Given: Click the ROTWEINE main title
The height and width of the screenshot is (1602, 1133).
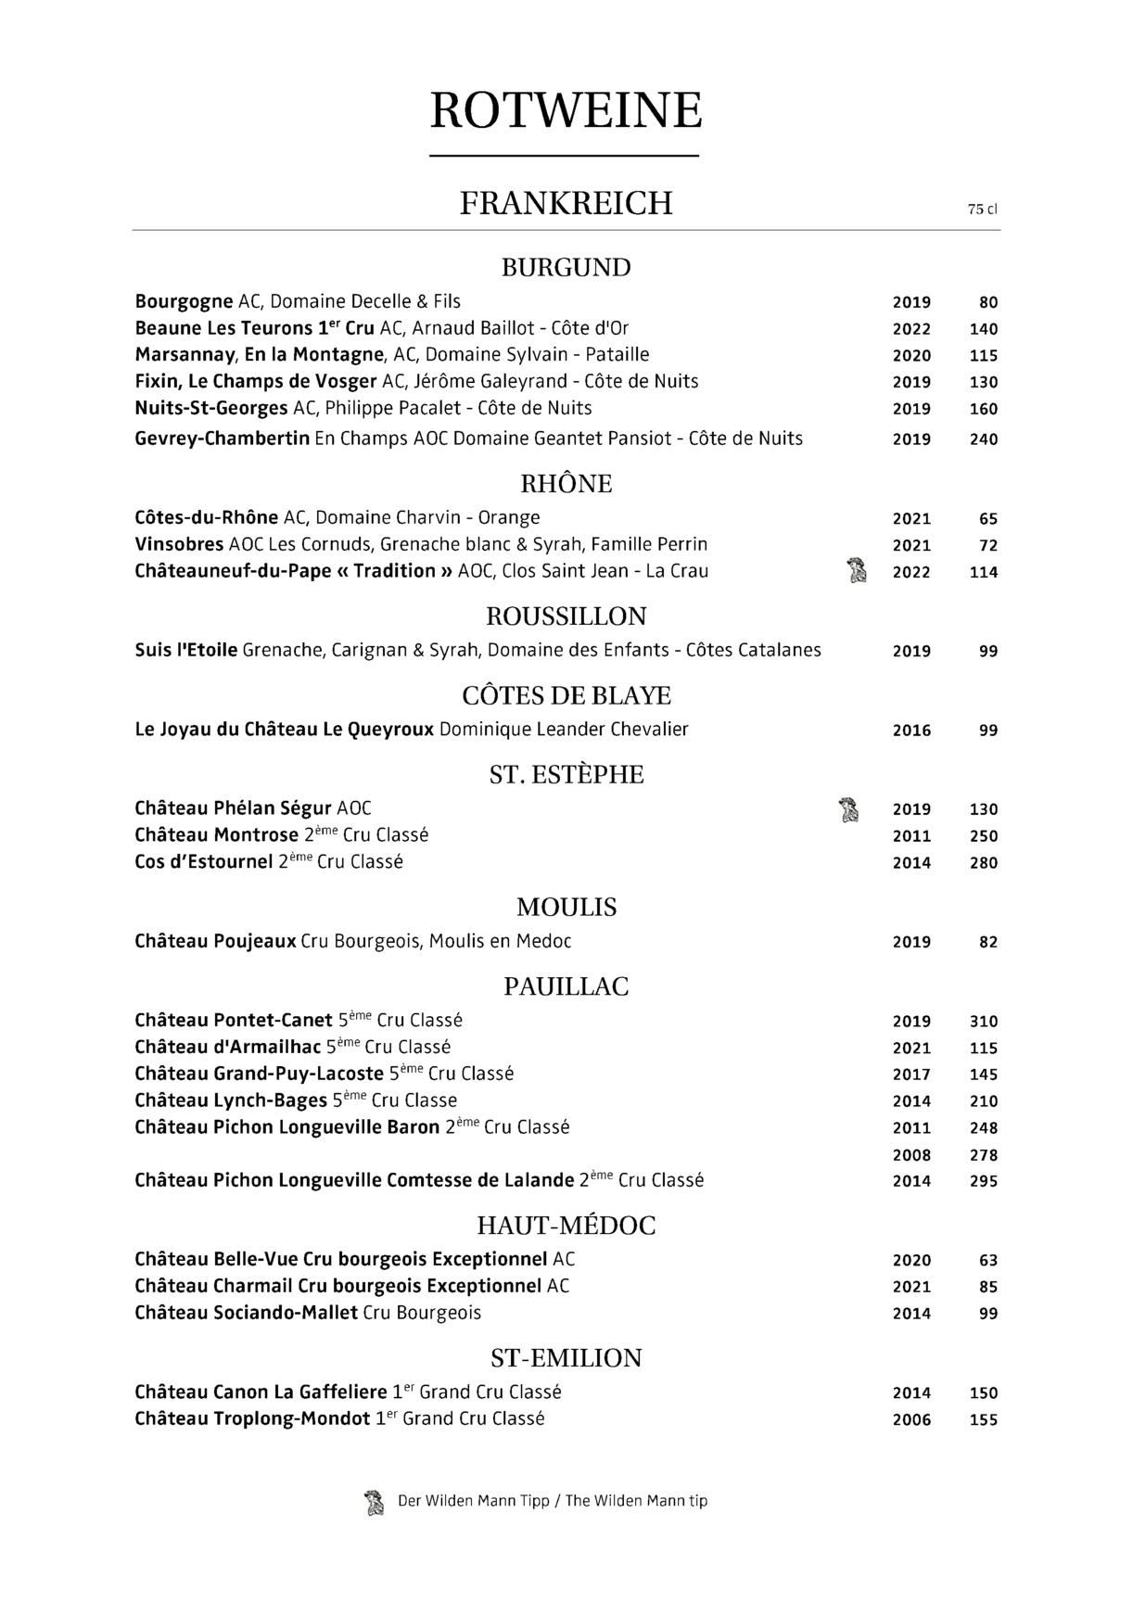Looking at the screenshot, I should pyautogui.click(x=566, y=111).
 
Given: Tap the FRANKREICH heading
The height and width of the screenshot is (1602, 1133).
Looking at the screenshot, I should pyautogui.click(x=566, y=203).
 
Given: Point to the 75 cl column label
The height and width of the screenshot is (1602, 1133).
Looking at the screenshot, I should pyautogui.click(x=982, y=210).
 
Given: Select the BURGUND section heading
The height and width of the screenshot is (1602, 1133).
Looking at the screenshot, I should pyautogui.click(x=566, y=268).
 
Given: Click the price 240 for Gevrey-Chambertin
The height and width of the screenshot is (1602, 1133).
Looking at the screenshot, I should pyautogui.click(x=983, y=439).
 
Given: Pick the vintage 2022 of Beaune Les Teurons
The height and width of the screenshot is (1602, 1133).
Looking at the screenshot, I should pyautogui.click(x=911, y=329).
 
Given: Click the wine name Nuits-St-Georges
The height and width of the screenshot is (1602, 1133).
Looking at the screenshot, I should pyautogui.click(x=211, y=409).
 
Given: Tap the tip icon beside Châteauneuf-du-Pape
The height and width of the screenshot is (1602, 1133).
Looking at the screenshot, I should pyautogui.click(x=857, y=570).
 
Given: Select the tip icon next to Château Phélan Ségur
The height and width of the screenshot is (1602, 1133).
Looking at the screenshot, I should pyautogui.click(x=847, y=809).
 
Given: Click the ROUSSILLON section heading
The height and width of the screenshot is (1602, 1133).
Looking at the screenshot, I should pyautogui.click(x=566, y=617).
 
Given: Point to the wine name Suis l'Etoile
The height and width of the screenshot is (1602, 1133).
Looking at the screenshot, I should pyautogui.click(x=186, y=651).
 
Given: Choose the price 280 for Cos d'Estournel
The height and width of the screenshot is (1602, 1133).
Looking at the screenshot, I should pyautogui.click(x=983, y=863).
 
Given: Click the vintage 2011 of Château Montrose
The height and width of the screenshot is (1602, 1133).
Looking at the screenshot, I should pyautogui.click(x=911, y=836).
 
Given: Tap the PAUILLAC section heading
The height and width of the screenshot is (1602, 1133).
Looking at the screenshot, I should pyautogui.click(x=566, y=987).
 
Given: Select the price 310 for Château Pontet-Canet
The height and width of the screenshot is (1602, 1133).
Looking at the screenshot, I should pyautogui.click(x=983, y=1022).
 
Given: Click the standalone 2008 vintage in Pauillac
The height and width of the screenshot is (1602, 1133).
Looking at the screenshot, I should pyautogui.click(x=911, y=1155).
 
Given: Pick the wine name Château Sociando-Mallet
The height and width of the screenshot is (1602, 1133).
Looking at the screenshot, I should pyautogui.click(x=246, y=1313).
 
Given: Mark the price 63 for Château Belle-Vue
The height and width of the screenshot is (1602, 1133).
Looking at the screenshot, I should pyautogui.click(x=988, y=1261).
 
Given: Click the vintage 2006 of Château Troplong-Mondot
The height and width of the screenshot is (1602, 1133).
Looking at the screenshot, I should pyautogui.click(x=911, y=1420).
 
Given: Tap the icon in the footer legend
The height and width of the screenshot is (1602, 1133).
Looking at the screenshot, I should pyautogui.click(x=374, y=1502).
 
